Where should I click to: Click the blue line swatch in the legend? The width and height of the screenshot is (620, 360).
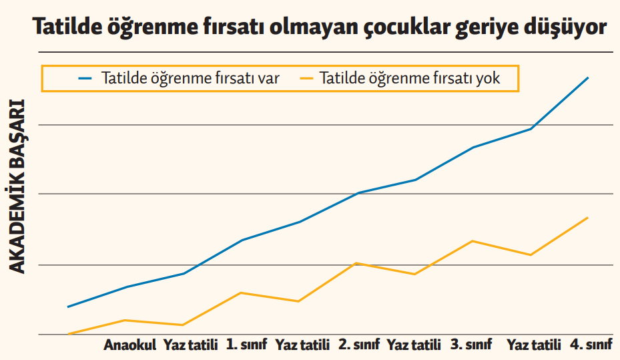click(x=85, y=78)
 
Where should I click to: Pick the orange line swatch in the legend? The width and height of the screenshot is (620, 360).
click(x=306, y=78)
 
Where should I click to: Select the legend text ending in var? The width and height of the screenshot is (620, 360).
click(x=190, y=78)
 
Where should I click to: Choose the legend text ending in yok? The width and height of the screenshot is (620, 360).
click(x=410, y=78)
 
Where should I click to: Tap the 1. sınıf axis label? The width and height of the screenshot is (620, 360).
click(x=246, y=345)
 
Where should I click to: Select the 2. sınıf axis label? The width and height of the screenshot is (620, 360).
click(x=358, y=345)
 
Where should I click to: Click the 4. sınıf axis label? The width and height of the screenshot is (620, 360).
click(x=591, y=345)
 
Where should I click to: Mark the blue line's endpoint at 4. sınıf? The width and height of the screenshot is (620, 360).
click(x=588, y=77)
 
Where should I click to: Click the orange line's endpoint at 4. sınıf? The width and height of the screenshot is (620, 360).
click(x=588, y=218)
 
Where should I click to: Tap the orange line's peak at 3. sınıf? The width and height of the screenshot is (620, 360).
click(x=473, y=240)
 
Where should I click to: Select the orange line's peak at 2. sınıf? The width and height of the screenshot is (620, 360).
click(x=358, y=263)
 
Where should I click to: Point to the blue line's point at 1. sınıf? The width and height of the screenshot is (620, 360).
click(x=240, y=240)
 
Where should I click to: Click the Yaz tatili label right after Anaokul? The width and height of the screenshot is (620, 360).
click(x=191, y=345)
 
